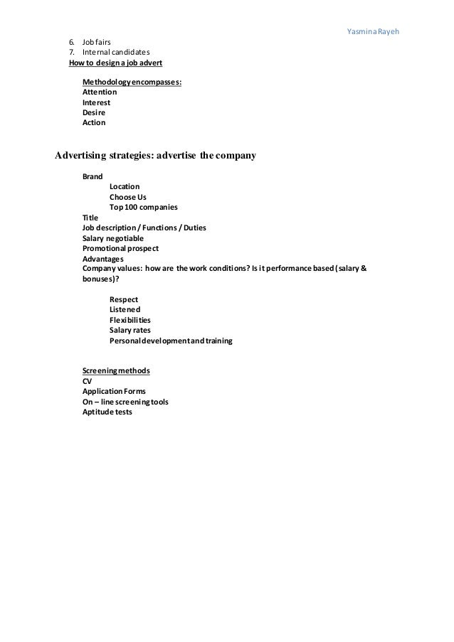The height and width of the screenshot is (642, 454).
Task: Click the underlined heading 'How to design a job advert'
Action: pos(115,63)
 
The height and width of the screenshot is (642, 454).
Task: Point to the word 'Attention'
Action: pos(100,92)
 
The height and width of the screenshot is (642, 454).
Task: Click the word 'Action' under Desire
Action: pos(94,122)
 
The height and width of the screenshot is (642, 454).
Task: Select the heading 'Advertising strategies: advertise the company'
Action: pos(156,154)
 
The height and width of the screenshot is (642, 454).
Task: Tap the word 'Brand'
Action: pos(93,176)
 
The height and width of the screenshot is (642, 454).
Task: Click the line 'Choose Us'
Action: pos(127,197)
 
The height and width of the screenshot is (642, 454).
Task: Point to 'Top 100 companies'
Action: pos(144,207)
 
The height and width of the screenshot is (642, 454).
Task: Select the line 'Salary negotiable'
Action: pos(113,238)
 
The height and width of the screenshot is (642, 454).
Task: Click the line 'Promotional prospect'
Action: pos(120,249)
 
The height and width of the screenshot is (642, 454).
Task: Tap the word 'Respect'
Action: pos(124,299)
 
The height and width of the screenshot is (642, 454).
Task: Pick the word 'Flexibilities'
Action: pos(130,320)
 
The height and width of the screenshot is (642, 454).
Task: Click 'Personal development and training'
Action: pos(171,341)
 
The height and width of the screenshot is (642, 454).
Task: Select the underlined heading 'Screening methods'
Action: pos(116,371)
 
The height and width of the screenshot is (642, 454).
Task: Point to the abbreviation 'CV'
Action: pos(88,381)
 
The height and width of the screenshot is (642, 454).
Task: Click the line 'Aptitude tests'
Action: pos(107,412)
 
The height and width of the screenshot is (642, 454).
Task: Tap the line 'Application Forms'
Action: pos(115,392)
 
